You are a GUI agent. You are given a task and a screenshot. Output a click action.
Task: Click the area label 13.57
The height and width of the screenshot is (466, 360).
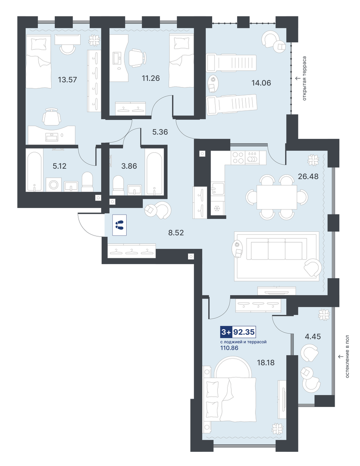[x=67, y=80]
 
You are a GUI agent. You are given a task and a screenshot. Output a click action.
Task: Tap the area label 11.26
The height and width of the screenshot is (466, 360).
[x=150, y=78]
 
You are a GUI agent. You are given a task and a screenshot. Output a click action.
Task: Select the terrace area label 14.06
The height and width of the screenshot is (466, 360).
[x=261, y=83]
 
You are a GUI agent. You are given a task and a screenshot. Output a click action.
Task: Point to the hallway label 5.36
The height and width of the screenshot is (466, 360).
[x=160, y=132]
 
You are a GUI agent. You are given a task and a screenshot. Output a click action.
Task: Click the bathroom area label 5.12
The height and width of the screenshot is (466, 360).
[x=59, y=166]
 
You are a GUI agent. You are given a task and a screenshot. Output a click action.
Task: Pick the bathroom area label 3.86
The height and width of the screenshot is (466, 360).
[x=129, y=166]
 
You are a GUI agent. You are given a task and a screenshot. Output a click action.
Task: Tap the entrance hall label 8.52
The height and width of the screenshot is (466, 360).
[x=176, y=233]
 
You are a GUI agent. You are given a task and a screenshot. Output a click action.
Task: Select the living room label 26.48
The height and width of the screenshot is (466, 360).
[x=308, y=176]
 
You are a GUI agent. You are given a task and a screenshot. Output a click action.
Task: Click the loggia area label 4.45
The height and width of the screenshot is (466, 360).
[x=313, y=337]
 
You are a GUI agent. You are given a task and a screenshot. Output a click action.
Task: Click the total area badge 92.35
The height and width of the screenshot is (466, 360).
[x=244, y=332]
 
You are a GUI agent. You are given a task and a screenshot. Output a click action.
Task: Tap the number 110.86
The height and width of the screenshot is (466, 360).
[x=229, y=348]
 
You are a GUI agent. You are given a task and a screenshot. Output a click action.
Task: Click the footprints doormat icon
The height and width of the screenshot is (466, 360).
[x=120, y=225]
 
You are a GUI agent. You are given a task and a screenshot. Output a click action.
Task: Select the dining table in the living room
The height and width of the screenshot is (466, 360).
[x=277, y=197]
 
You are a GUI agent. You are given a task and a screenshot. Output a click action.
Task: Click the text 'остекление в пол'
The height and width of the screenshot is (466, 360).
[x=347, y=356]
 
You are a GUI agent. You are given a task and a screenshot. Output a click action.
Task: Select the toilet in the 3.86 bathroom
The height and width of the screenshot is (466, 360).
[x=119, y=186]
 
